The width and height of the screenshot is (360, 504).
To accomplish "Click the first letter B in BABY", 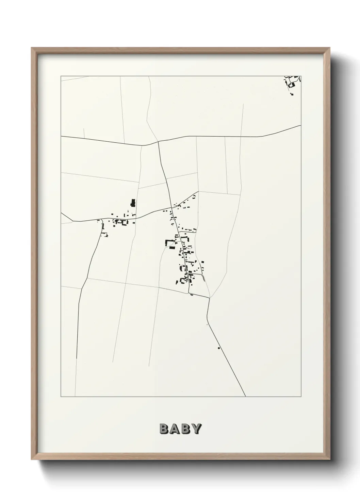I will (x=164, y=429).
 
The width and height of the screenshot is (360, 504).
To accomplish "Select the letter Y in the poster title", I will (x=196, y=429).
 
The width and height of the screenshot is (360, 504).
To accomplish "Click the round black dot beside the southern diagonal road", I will (x=218, y=348).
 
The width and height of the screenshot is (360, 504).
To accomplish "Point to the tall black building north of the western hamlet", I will (x=133, y=203).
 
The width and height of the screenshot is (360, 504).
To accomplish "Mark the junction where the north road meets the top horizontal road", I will (x=158, y=141).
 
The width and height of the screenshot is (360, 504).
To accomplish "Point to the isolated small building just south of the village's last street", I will (x=192, y=295).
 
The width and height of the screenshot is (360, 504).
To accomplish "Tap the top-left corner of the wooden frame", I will (x=33, y=49).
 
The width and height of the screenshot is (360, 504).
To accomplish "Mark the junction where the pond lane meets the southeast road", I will (x=209, y=298).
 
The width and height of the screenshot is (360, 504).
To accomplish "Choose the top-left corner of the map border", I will (x=61, y=76).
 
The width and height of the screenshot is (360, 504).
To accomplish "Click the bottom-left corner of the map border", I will (x=61, y=397).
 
